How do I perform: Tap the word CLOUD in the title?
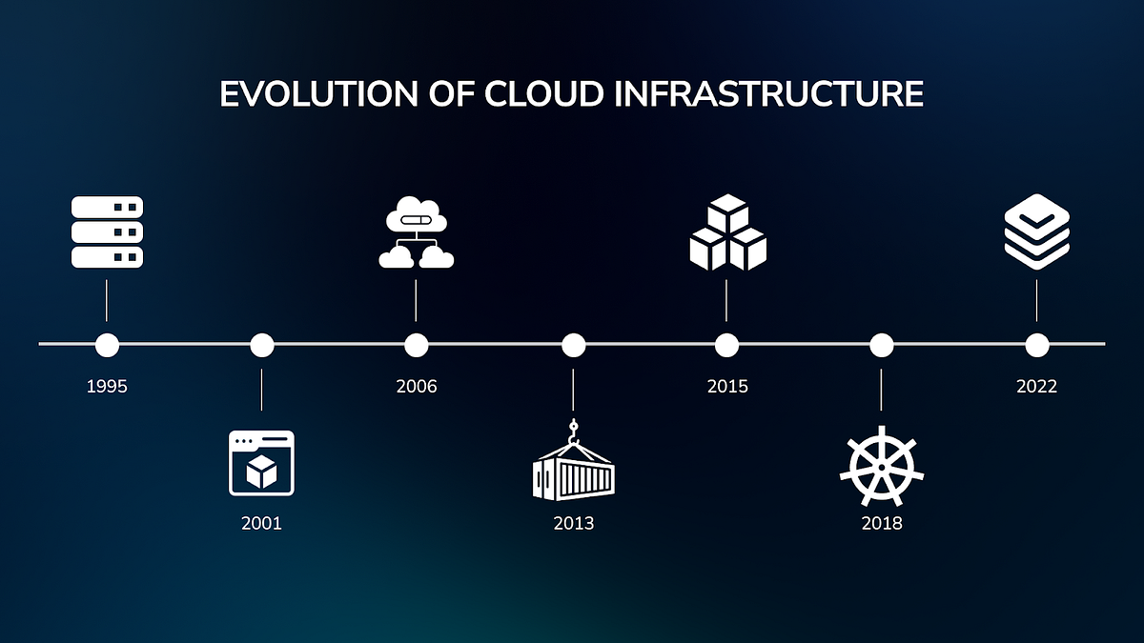pyautogui.click(x=544, y=94)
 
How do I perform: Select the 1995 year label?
pyautogui.click(x=107, y=387)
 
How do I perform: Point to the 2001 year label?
pyautogui.click(x=261, y=523)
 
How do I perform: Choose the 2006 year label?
pyautogui.click(x=416, y=387)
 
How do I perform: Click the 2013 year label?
pyautogui.click(x=573, y=523)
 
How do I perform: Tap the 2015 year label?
pyautogui.click(x=727, y=387)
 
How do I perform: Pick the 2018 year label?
pyautogui.click(x=882, y=523)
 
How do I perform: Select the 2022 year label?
pyautogui.click(x=1036, y=387)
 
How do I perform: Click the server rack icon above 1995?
pyautogui.click(x=107, y=232)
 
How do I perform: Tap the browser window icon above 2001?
pyautogui.click(x=261, y=463)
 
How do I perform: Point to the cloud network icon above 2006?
pyautogui.click(x=416, y=234)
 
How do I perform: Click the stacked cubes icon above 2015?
pyautogui.click(x=727, y=232)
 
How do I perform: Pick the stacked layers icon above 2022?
pyautogui.click(x=1036, y=231)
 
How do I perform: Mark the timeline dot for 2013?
pyautogui.click(x=573, y=344)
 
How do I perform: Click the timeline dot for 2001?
pyautogui.click(x=261, y=344)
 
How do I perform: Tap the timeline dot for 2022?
pyautogui.click(x=1036, y=344)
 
